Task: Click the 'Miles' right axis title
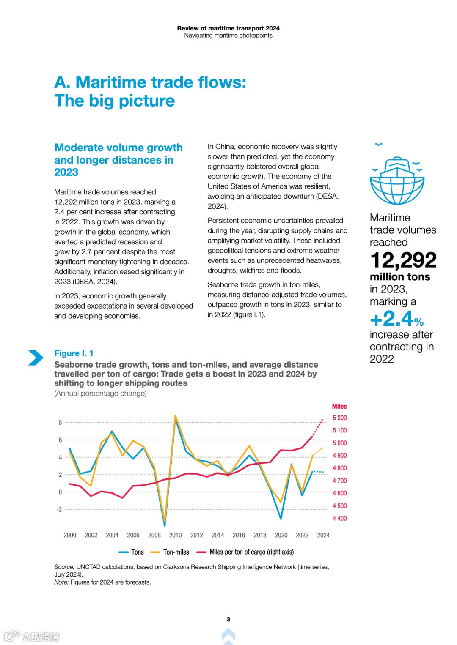click(339, 406)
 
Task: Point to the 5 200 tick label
click(339, 418)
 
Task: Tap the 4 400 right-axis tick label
click(339, 519)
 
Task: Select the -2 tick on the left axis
click(59, 510)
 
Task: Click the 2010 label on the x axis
click(175, 535)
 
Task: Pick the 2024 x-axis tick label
click(323, 535)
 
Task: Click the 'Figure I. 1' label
click(74, 353)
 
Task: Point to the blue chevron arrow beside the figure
click(36, 358)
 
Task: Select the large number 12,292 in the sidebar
click(403, 260)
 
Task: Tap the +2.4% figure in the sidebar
click(396, 319)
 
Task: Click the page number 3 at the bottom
click(228, 619)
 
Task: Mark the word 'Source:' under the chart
click(64, 567)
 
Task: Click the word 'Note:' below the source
click(61, 582)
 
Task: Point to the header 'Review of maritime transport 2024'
click(228, 28)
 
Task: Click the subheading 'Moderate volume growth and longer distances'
click(118, 160)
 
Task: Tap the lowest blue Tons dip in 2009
click(165, 525)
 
